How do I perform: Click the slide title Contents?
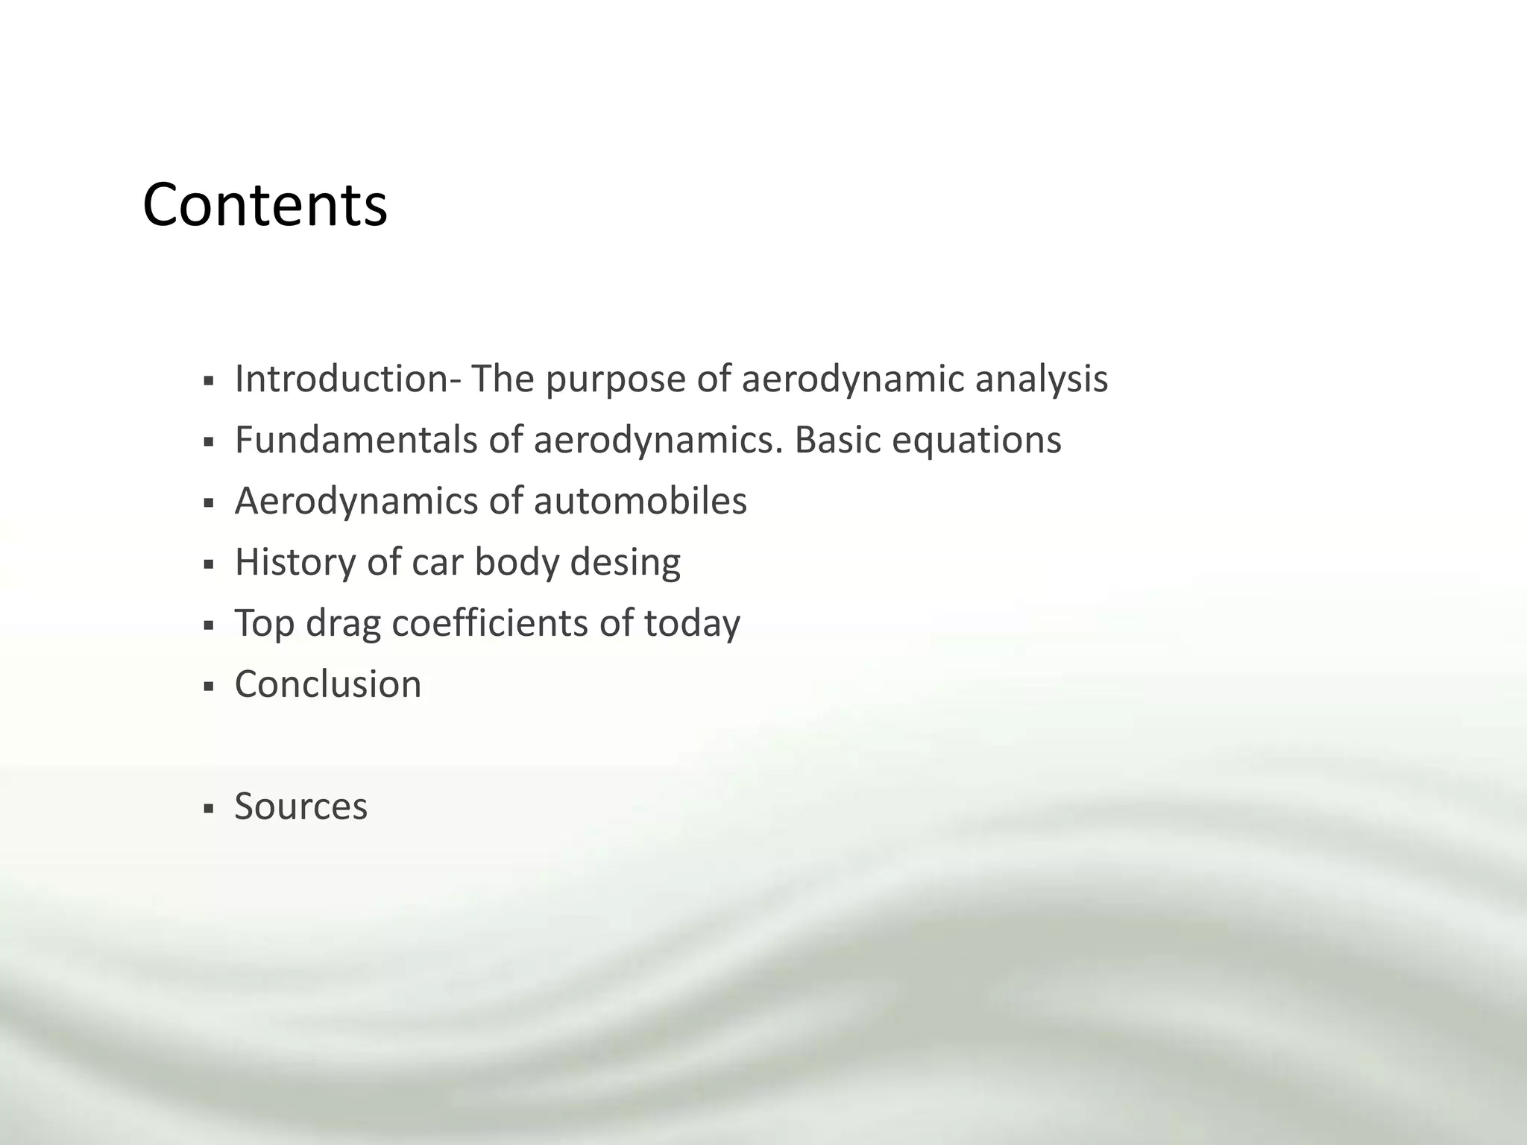coord(265,205)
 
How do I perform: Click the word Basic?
coord(837,440)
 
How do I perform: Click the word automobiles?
coord(640,501)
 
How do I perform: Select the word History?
coord(295,563)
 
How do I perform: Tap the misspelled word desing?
coord(625,563)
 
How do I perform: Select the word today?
coord(692,624)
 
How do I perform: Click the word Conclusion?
coord(328,684)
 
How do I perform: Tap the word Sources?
coord(301,807)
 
